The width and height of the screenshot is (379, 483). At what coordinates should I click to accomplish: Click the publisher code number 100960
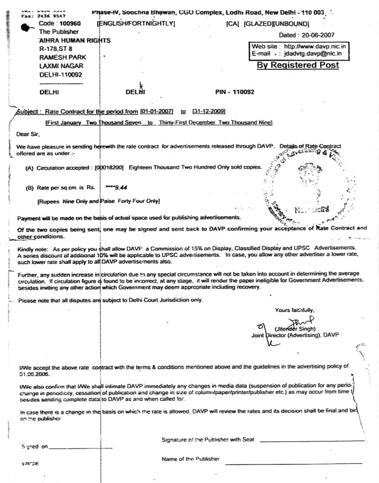click(x=70, y=23)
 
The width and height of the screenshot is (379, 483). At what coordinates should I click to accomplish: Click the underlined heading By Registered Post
click(x=297, y=65)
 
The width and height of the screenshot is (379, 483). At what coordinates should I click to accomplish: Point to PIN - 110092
click(x=234, y=92)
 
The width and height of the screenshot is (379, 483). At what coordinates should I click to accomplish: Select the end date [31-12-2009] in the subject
click(x=208, y=111)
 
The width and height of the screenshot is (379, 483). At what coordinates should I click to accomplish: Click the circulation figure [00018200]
click(x=110, y=167)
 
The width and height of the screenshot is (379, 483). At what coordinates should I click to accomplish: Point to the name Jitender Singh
click(x=295, y=328)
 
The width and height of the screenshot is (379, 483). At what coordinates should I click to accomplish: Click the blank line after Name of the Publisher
click(x=295, y=463)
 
